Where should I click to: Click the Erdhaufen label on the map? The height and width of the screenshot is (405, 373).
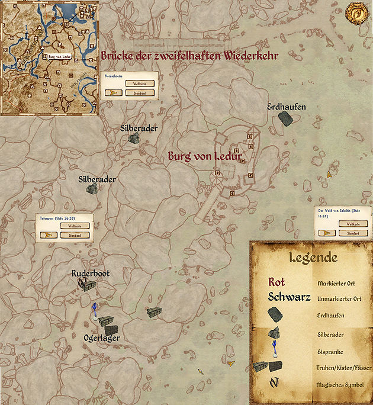coord(287,107)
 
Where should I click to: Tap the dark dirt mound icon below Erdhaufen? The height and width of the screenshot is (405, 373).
coord(286,120)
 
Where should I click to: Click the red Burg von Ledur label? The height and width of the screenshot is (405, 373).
coord(205,157)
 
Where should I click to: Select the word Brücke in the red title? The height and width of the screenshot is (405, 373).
coord(121,56)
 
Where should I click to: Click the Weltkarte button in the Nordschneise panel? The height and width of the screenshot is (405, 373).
coord(140,83)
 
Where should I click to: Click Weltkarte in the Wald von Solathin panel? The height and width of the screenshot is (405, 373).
coord(353,224)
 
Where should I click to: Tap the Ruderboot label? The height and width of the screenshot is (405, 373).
coord(91,274)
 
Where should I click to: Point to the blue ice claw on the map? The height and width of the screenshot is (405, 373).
coord(94,310)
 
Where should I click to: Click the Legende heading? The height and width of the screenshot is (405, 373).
coord(313,258)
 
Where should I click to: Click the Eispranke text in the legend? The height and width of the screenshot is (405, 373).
coord(331,351)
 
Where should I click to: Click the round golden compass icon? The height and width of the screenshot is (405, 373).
coord(358,12)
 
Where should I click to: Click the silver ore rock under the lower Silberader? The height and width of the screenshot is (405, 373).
coord(92,188)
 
